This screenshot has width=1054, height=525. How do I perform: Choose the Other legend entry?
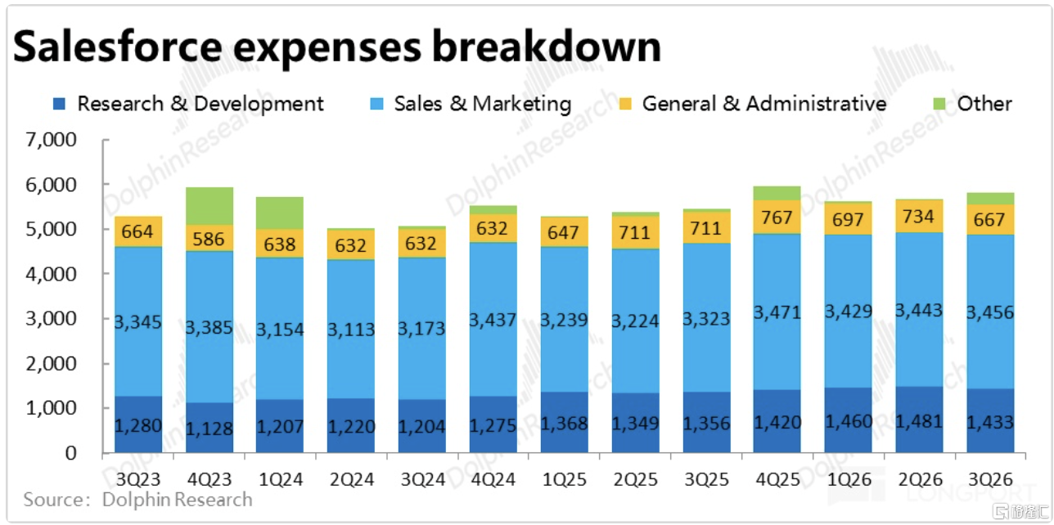(x=973, y=104)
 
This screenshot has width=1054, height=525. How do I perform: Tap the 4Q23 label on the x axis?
(x=209, y=478)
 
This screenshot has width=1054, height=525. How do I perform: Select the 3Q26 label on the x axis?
(x=990, y=478)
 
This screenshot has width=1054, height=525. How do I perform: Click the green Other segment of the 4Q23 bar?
(x=209, y=206)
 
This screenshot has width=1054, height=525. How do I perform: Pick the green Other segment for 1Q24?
(x=280, y=213)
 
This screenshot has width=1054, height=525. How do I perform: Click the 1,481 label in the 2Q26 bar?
(x=920, y=423)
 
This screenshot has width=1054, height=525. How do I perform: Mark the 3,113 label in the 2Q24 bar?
(x=351, y=330)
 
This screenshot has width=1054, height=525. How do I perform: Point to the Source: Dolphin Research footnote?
(x=137, y=499)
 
